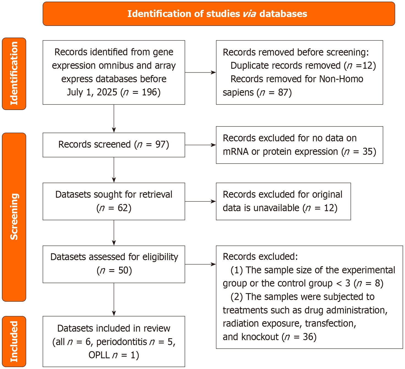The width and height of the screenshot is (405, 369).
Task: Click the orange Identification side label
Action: pos(14,73)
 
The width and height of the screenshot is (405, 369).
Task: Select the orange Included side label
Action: pos(14,341)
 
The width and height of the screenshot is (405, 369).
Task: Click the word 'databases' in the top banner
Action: pos(283,14)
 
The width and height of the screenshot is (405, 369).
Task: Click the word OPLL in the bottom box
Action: pos(99,355)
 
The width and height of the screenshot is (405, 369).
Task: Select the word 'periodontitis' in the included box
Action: pos(122,342)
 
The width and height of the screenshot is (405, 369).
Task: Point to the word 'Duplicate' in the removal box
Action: pos(249,65)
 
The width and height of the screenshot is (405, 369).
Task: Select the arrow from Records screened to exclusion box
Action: pos(200,145)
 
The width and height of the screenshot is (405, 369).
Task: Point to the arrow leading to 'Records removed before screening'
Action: pos(200,73)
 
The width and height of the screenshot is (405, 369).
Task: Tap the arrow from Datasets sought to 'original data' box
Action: pos(200,201)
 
